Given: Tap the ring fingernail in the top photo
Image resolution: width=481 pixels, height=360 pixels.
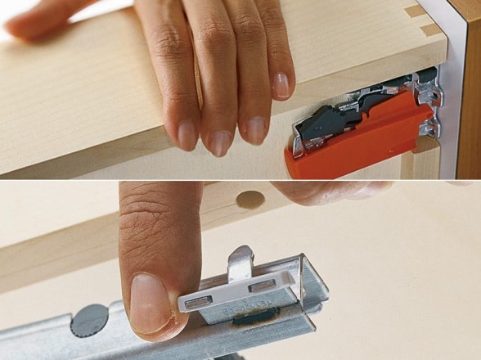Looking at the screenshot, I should coord(255,129).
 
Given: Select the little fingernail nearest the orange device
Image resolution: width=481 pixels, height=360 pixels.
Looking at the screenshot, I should coord(281,85).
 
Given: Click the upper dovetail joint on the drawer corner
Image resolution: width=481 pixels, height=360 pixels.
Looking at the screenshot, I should coord(416,11).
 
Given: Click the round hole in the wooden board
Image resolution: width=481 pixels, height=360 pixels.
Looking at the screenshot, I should coord(249,199).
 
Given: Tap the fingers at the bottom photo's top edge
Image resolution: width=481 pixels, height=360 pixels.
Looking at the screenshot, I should coord(327,191).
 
